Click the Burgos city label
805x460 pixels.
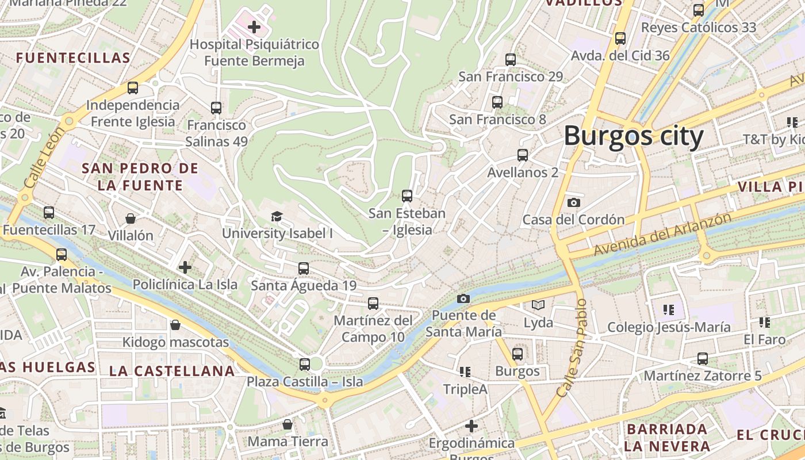(633, 137)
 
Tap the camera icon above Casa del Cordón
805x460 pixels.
(573, 202)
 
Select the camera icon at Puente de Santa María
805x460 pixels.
(463, 298)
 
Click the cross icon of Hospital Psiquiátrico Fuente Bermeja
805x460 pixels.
(254, 26)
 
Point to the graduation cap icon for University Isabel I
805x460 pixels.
(277, 216)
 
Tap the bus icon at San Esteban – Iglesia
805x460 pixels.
(407, 196)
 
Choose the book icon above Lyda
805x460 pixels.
(538, 305)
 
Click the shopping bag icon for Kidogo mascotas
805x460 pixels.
(175, 325)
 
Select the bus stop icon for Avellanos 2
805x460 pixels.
(522, 155)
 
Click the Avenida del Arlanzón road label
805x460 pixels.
(663, 235)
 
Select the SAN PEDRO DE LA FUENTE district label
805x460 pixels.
(140, 177)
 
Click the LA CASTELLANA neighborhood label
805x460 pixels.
(172, 371)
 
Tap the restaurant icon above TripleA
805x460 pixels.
(465, 372)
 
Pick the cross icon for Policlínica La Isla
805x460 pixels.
(185, 267)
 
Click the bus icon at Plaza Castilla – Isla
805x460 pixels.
(305, 364)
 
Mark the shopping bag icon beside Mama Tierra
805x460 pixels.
(287, 425)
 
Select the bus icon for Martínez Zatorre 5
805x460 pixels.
(702, 359)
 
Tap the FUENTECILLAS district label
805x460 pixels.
(74, 58)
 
